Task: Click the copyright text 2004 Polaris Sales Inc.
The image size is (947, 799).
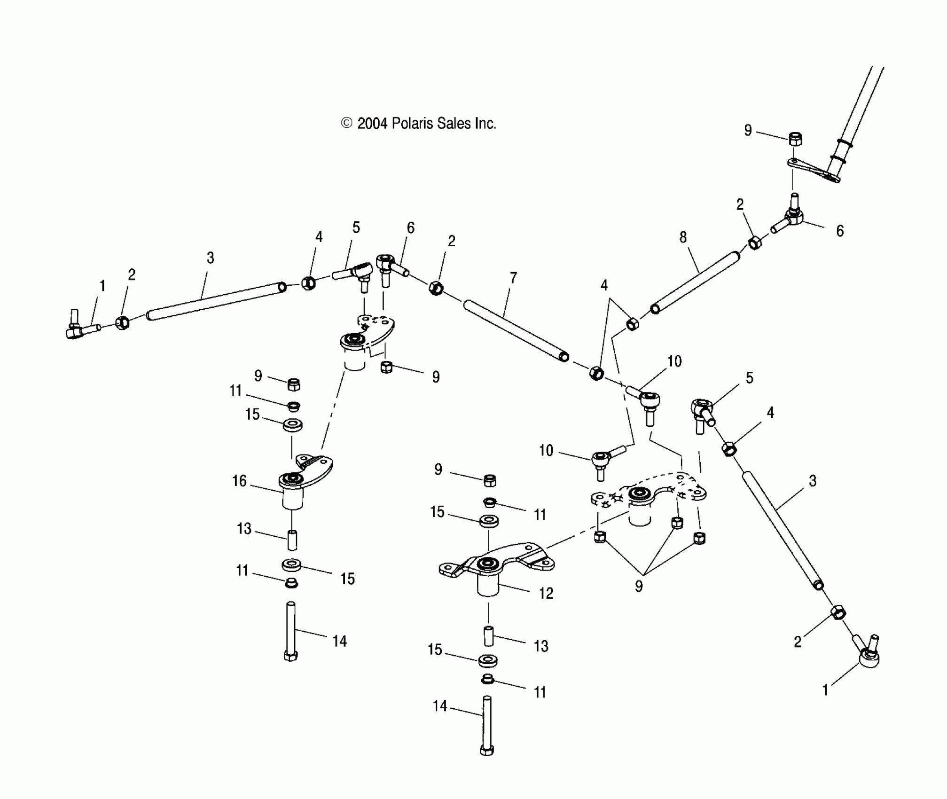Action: pos(418,124)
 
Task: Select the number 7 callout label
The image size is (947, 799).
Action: pos(513,278)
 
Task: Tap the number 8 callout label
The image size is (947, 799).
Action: pos(683,237)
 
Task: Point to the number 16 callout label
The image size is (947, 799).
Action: pos(239,481)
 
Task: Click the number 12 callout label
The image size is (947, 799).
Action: pos(546,594)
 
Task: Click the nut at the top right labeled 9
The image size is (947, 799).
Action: pos(795,139)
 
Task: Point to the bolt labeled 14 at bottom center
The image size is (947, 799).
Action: pos(487,726)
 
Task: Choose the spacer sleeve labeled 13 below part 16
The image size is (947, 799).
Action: pos(292,540)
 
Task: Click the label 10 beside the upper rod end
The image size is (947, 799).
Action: pos(674,361)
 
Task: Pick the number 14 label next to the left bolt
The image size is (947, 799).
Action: pos(339,641)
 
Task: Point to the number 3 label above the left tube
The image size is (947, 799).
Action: pos(210,258)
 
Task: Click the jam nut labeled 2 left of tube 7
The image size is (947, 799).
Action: pos(436,287)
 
